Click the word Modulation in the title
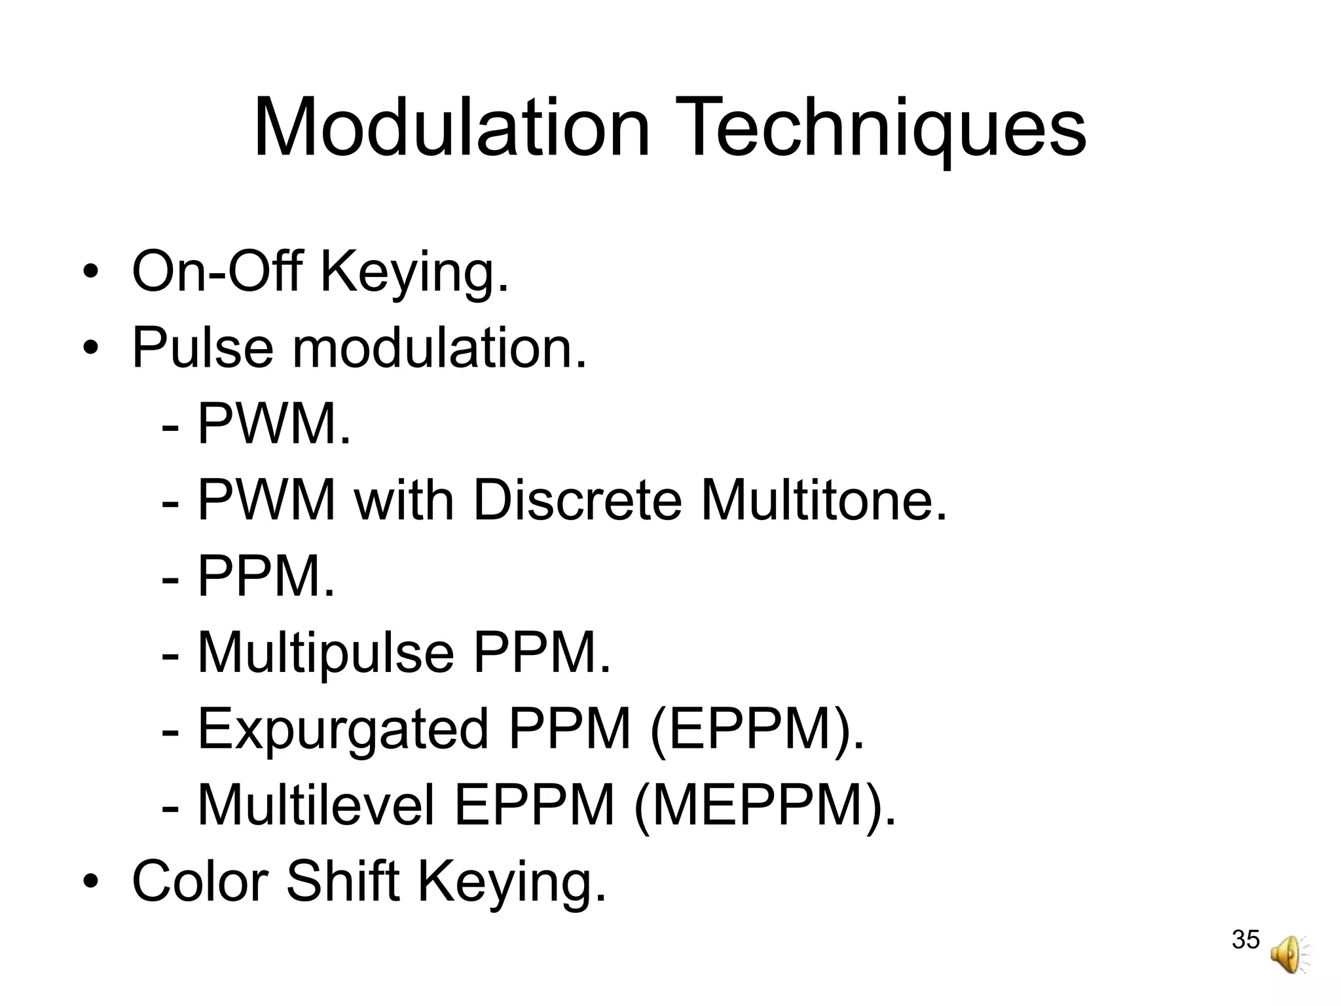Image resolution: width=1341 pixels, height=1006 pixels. [x=452, y=128]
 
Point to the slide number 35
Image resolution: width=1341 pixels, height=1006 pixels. [x=1245, y=939]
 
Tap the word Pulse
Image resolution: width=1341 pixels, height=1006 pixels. [x=202, y=347]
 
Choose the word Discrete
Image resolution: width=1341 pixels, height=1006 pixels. [x=577, y=500]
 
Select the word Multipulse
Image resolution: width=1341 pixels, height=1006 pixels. [x=325, y=654]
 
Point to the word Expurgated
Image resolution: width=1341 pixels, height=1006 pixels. [x=343, y=729]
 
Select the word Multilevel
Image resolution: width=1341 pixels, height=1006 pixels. [x=316, y=806]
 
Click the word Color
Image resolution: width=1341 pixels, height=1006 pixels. [x=200, y=881]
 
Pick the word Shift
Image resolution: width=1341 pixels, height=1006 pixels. [x=342, y=881]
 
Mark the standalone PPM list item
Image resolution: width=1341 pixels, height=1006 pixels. [x=265, y=576]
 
